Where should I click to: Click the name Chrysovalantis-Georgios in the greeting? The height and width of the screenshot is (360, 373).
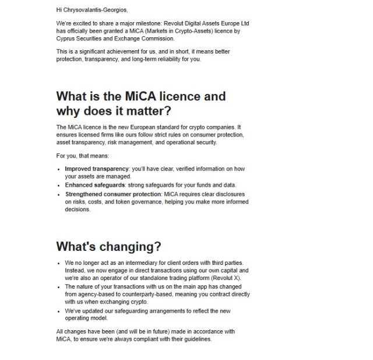tap(95, 10)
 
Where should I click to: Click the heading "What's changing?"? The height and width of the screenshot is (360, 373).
tap(108, 246)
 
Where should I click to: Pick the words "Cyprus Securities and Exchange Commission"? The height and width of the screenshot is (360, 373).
tap(115, 39)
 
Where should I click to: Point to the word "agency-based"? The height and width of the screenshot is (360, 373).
tap(96, 295)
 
